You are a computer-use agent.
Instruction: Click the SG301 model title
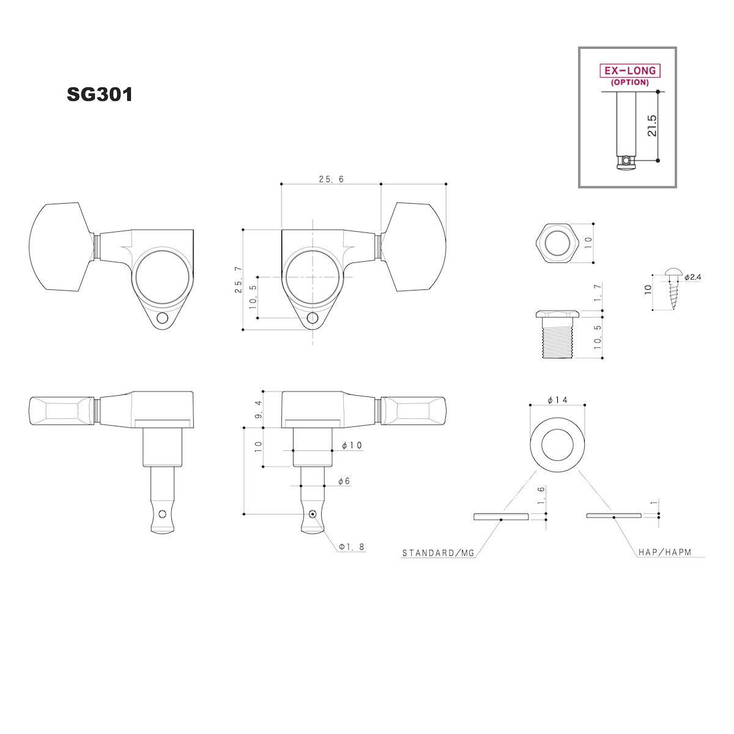(100, 94)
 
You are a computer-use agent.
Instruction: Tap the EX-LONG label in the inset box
(629, 71)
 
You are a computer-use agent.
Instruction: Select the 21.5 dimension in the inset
(651, 126)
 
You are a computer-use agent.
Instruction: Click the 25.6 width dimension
(331, 179)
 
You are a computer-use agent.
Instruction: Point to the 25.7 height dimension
(239, 280)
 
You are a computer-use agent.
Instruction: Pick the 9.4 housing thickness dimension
(258, 409)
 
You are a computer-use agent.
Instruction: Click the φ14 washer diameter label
(557, 400)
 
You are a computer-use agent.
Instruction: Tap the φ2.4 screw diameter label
(692, 277)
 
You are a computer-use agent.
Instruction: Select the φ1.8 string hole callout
(352, 547)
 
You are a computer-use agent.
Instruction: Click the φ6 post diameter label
(344, 481)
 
